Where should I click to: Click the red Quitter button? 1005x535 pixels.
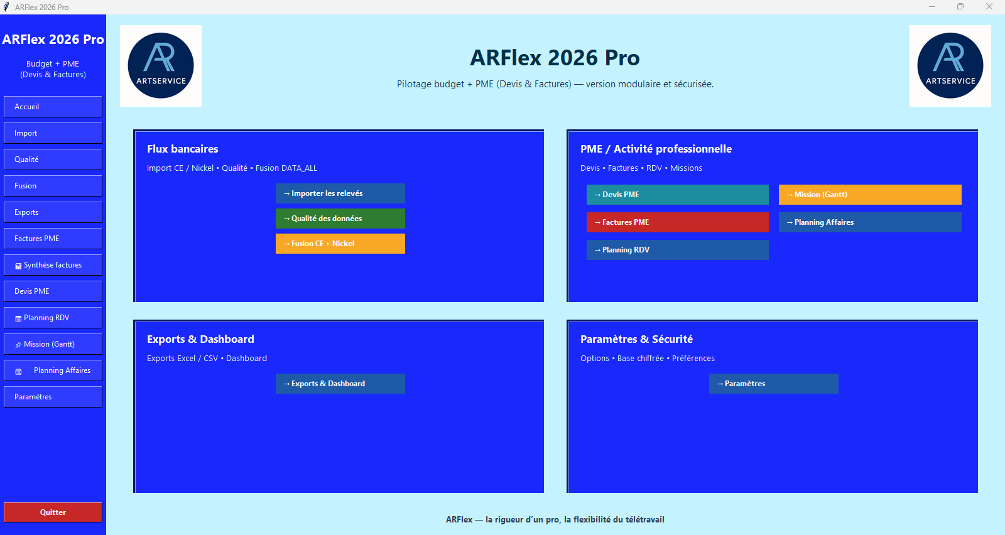pos(53,512)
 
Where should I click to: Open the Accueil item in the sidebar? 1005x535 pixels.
pos(53,107)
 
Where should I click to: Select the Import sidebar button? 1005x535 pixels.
pos(53,133)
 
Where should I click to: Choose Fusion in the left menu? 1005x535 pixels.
pos(53,186)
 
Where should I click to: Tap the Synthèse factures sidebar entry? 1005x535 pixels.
pos(53,265)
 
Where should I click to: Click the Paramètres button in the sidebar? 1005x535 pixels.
pos(53,397)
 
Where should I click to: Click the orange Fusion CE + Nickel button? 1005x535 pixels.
pos(340,244)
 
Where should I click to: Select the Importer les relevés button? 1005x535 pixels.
pos(340,193)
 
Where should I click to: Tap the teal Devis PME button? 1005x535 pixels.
pos(677,195)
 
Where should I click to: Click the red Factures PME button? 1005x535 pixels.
pos(677,222)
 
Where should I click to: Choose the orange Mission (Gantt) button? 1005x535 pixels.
pos(869,195)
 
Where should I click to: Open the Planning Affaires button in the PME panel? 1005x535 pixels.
pos(869,222)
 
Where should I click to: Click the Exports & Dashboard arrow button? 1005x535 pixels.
pos(340,384)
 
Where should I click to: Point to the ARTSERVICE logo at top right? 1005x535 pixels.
pos(950,66)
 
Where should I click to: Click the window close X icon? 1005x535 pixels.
pos(989,7)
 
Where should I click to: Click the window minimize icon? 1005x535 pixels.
pos(932,7)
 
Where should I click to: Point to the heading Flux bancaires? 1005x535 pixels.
pos(183,149)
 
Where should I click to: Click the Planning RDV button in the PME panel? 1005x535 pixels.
pos(677,250)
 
